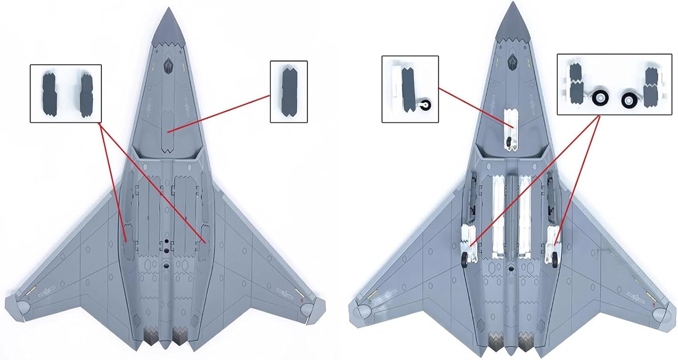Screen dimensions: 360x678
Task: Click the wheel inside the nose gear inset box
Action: coord(425,105)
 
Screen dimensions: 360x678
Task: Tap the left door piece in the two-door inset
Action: coord(49,93)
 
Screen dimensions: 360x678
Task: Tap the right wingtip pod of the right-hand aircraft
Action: coord(660,313)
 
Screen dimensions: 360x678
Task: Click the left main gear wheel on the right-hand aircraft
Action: coord(465,261)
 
